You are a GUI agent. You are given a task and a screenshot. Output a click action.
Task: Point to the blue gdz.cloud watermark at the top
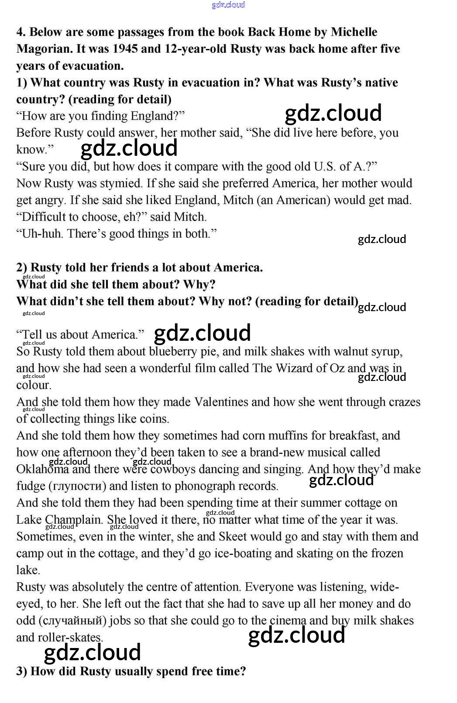[x=228, y=5]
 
